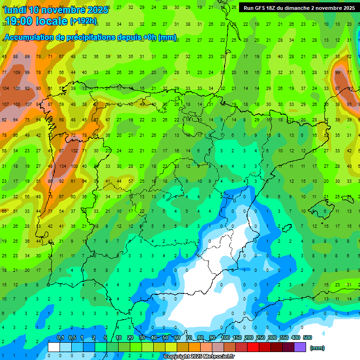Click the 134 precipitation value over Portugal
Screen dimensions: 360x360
[62, 166]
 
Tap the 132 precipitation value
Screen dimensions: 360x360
[74, 151]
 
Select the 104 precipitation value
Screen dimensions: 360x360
[6, 89]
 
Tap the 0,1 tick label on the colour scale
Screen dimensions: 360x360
[60, 338]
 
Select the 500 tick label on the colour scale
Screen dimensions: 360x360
[307, 338]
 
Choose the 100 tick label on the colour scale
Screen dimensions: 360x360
[225, 338]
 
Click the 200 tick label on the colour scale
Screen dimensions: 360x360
[248, 338]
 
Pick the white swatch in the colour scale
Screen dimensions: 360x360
[54, 347]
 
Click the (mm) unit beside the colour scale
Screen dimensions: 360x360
[317, 348]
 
